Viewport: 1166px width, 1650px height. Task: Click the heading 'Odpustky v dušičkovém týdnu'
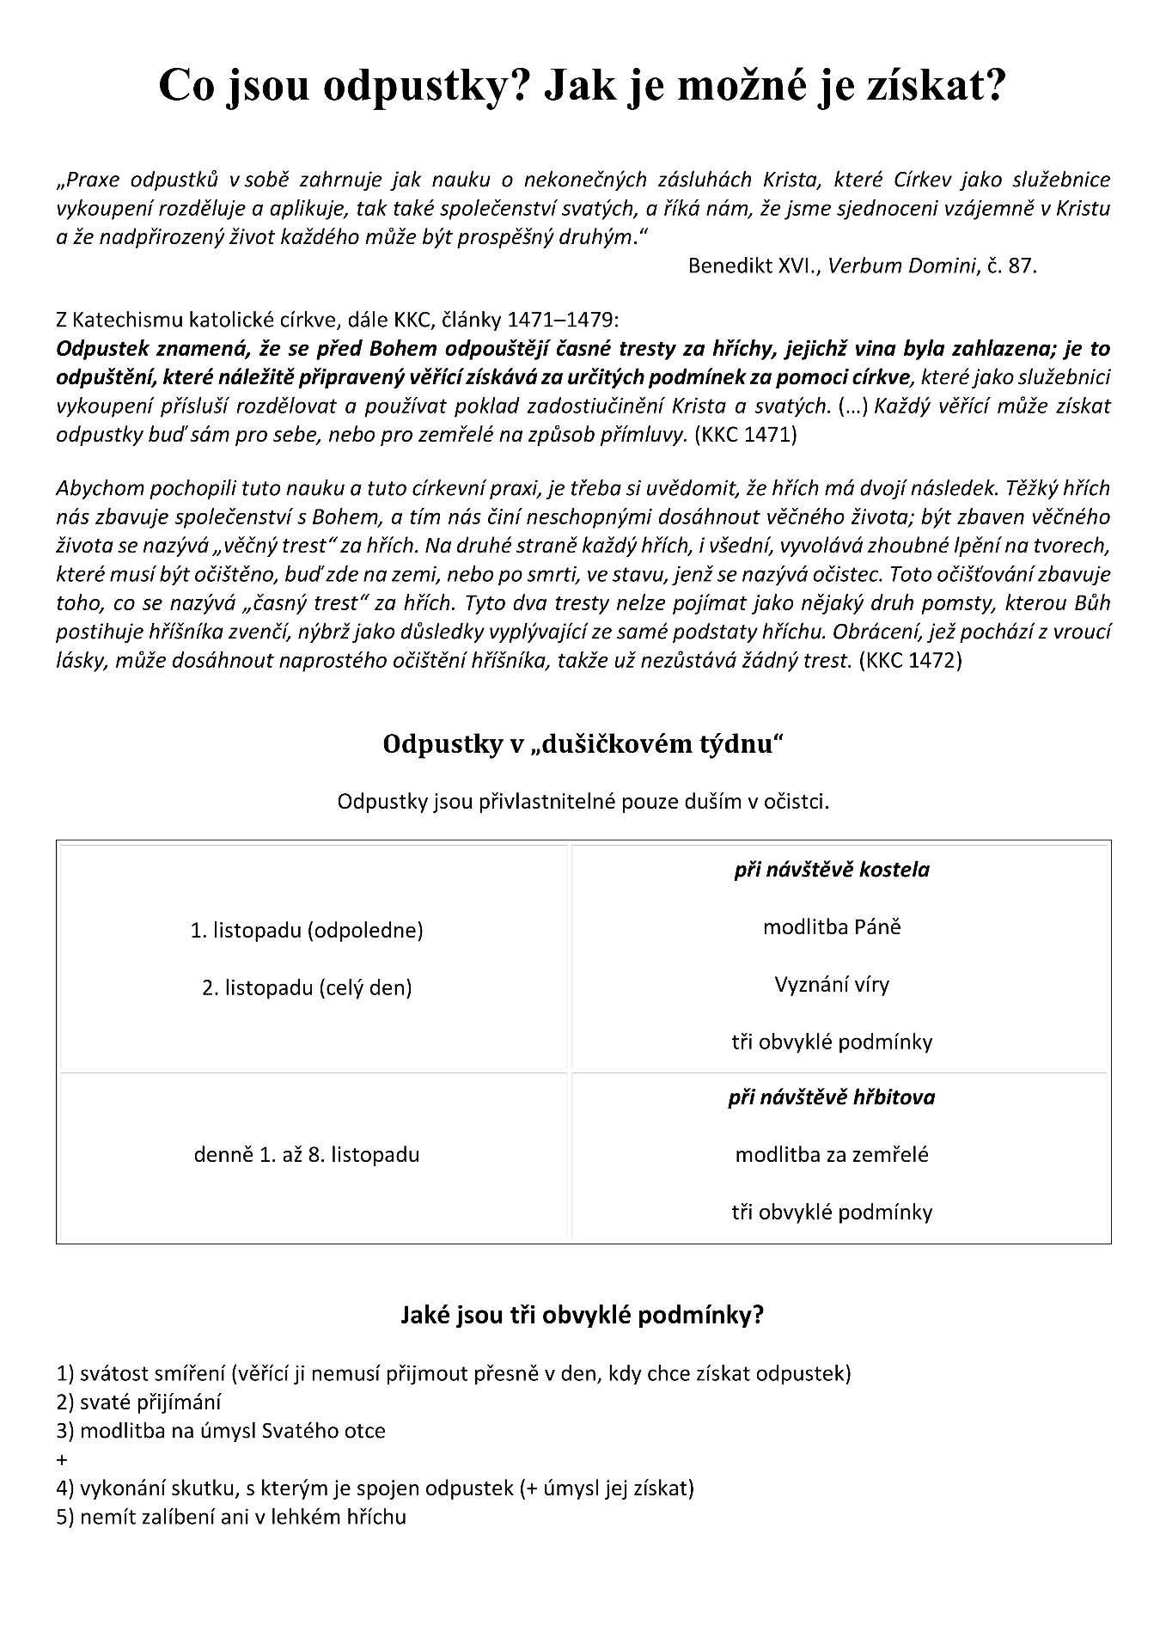pos(583,744)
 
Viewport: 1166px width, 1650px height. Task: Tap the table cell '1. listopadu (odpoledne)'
pos(307,930)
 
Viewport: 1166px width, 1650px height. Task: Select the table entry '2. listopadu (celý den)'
pos(307,987)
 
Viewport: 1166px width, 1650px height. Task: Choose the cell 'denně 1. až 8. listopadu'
pos(307,1154)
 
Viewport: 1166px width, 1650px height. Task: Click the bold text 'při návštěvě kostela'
pos(831,870)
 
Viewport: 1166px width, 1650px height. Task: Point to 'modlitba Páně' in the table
pos(831,927)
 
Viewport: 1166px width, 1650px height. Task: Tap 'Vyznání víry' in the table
pos(831,984)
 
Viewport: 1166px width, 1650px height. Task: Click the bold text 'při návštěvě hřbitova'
pos(831,1097)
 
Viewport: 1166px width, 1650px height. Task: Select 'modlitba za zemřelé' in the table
pos(831,1154)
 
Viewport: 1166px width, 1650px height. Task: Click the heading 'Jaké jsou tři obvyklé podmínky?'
pos(583,1315)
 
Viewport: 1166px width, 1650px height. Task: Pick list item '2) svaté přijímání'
pos(138,1402)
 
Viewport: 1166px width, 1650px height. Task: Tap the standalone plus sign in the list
pos(62,1459)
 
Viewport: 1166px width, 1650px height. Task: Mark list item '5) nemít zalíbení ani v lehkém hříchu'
pos(230,1517)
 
